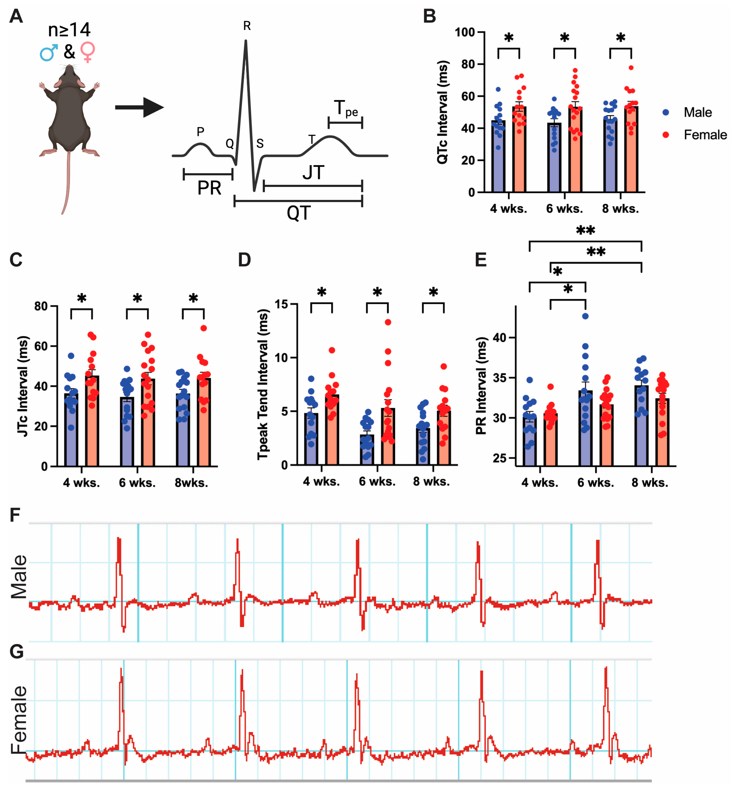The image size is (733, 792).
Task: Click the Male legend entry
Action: pyautogui.click(x=697, y=112)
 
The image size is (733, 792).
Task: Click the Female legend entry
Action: pyautogui.click(x=705, y=135)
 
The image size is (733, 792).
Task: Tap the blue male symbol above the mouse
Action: pyautogui.click(x=49, y=52)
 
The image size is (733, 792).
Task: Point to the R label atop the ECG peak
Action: pyautogui.click(x=247, y=26)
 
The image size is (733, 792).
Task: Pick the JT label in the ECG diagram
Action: pyautogui.click(x=313, y=173)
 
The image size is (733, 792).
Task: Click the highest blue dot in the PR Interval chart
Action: pyautogui.click(x=585, y=316)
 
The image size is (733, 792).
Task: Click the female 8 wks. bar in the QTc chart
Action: pyautogui.click(x=631, y=151)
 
